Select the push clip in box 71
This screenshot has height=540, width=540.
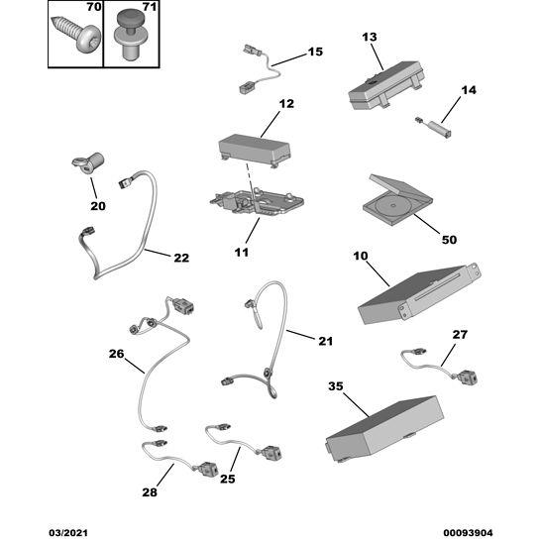click(x=130, y=35)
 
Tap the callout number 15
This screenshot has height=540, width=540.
click(x=315, y=52)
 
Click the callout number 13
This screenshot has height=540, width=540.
click(x=370, y=37)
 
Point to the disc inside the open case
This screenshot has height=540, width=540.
click(x=392, y=206)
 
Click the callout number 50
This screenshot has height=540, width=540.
click(x=449, y=240)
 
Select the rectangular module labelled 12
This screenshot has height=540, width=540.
click(x=255, y=151)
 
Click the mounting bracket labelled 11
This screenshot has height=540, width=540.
click(x=257, y=202)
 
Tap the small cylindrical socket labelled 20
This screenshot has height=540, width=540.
click(x=88, y=162)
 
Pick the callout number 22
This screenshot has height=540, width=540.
click(x=181, y=258)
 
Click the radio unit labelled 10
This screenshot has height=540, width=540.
click(x=419, y=293)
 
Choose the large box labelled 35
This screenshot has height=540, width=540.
click(x=384, y=429)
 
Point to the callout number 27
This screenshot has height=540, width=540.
click(x=460, y=334)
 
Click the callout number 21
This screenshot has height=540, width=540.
click(x=325, y=341)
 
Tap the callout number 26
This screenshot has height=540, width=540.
click(x=116, y=354)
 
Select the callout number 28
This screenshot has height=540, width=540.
click(x=150, y=492)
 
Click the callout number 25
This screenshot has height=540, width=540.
click(x=228, y=479)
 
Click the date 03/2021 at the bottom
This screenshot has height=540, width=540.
click(x=68, y=533)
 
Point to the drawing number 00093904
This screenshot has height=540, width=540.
click(x=468, y=533)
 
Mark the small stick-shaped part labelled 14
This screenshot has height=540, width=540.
click(x=434, y=127)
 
